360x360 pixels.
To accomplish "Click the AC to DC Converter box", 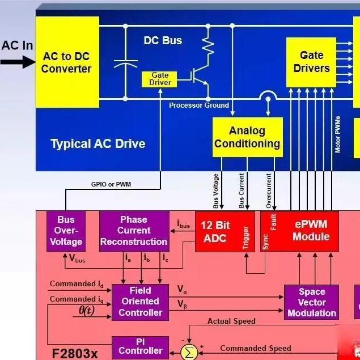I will click(67, 62).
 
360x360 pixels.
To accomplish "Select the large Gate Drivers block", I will click(311, 62).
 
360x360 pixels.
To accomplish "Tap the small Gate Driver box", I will click(160, 79).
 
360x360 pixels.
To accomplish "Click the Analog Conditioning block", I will click(247, 137).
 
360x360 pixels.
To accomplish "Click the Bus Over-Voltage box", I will click(66, 231).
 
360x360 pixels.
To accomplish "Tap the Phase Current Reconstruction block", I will click(134, 231).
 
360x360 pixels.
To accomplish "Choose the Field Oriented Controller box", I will click(140, 302).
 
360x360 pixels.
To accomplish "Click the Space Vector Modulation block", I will click(311, 302).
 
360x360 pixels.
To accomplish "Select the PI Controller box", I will click(140, 347).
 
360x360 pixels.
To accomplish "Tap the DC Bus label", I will click(163, 41).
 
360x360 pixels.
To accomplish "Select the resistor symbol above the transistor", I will click(207, 44).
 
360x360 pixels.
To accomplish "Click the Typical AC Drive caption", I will click(98, 143).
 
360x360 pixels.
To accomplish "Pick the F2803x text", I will click(75, 353).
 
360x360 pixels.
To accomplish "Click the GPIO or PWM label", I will click(111, 184).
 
